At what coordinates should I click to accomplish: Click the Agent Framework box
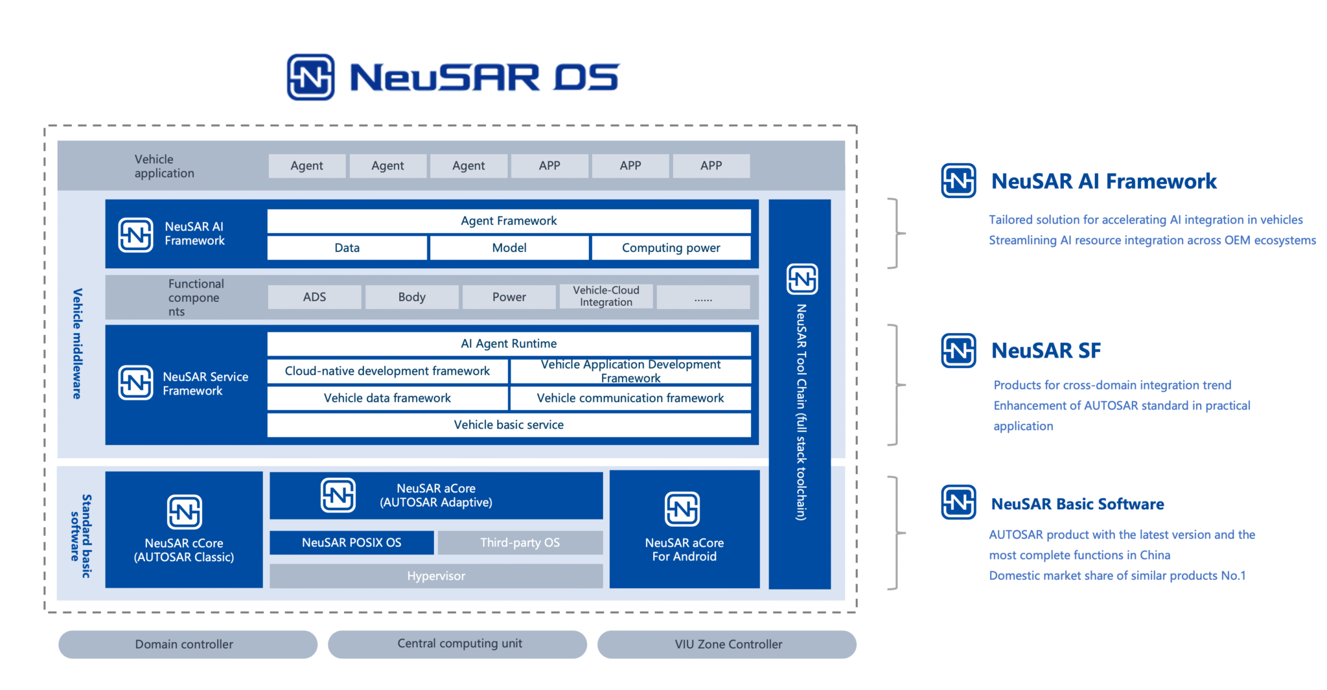click(509, 221)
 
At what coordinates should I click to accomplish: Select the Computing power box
click(671, 248)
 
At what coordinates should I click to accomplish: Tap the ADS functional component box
click(314, 297)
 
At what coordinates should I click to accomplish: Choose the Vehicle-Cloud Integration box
click(606, 297)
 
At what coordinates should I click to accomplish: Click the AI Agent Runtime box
click(509, 344)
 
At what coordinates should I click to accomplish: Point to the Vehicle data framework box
click(387, 398)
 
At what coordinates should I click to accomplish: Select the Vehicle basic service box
click(509, 425)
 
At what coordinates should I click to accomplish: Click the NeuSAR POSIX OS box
click(351, 543)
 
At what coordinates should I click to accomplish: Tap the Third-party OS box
click(520, 543)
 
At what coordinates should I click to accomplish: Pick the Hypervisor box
click(435, 576)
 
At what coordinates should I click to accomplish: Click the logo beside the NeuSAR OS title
click(311, 78)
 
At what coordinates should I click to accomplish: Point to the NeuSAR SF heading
click(1045, 351)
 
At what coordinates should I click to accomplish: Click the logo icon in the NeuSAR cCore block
click(185, 512)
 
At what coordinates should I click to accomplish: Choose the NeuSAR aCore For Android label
click(684, 549)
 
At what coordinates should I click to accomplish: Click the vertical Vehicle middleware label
click(77, 343)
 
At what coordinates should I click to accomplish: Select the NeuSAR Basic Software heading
click(1077, 504)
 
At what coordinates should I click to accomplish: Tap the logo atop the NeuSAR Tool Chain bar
click(802, 279)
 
